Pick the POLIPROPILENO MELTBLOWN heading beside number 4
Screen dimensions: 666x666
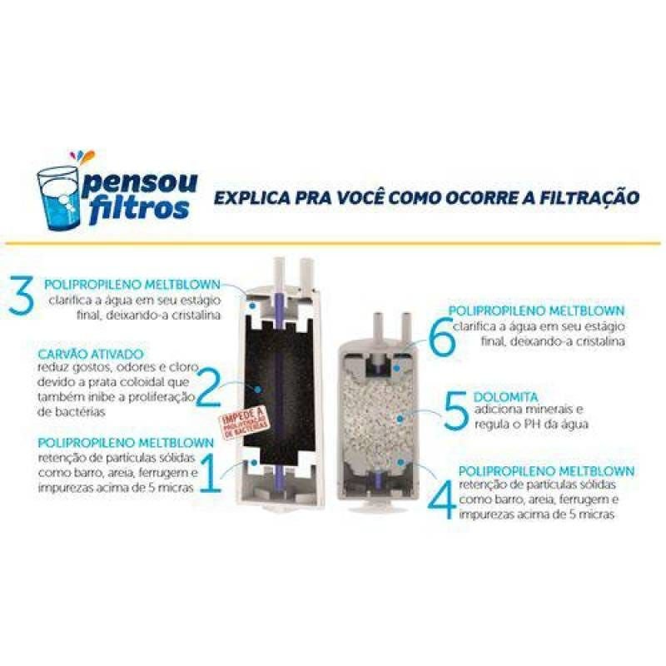544,471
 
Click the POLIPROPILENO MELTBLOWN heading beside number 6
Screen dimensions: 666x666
538,311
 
